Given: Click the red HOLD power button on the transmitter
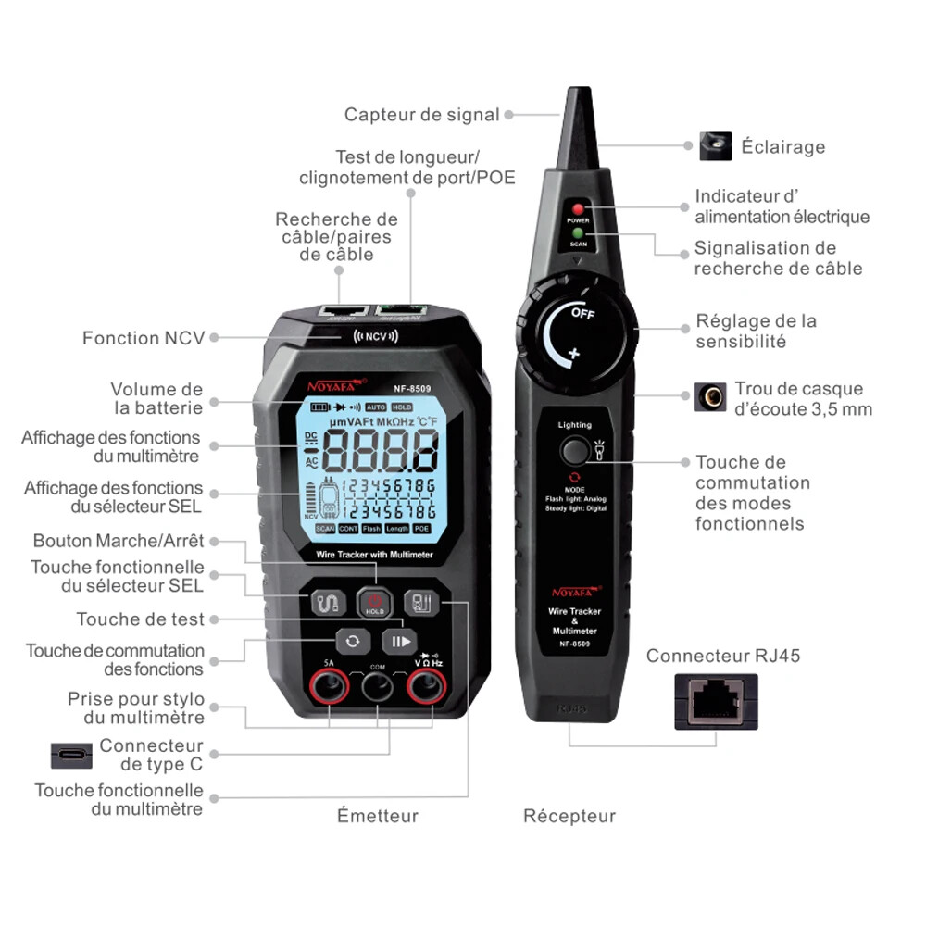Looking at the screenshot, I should (x=375, y=603).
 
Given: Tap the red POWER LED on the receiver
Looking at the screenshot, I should (x=577, y=209).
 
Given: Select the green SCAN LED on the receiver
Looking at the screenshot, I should (x=577, y=234).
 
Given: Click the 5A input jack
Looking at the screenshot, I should (x=330, y=687).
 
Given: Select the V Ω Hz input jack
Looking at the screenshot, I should (x=427, y=687).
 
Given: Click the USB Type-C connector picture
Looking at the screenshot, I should (x=71, y=754).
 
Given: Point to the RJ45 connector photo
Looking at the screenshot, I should (x=716, y=701).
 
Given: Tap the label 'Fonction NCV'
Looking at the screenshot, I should (x=144, y=338).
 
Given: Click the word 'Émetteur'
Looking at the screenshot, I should (x=377, y=816).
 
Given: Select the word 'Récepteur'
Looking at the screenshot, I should (x=569, y=816).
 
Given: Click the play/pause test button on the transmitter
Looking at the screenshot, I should (x=400, y=642).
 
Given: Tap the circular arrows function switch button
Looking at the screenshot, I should (x=352, y=642).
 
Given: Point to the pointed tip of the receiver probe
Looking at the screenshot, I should (x=574, y=97).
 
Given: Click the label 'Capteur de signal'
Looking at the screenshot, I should (x=421, y=115).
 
